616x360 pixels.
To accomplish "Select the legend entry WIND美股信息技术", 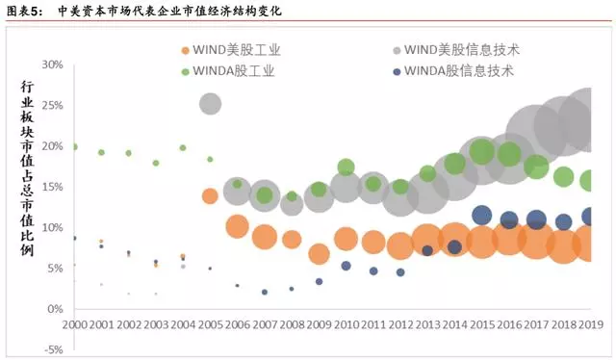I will [x=462, y=50].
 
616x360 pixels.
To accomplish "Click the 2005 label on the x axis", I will [x=210, y=324].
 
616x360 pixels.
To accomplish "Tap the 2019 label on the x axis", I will [x=589, y=324].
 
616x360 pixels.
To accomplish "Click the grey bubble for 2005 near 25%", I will [x=210, y=104].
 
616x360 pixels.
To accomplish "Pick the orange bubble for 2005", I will [x=210, y=196].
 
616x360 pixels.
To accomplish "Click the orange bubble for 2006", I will [x=237, y=227].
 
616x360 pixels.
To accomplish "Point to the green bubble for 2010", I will [x=346, y=167].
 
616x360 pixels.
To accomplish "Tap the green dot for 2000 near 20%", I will [x=74, y=147].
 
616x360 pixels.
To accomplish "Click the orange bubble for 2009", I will [x=319, y=254].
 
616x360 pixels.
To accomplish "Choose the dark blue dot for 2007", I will [x=264, y=292].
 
